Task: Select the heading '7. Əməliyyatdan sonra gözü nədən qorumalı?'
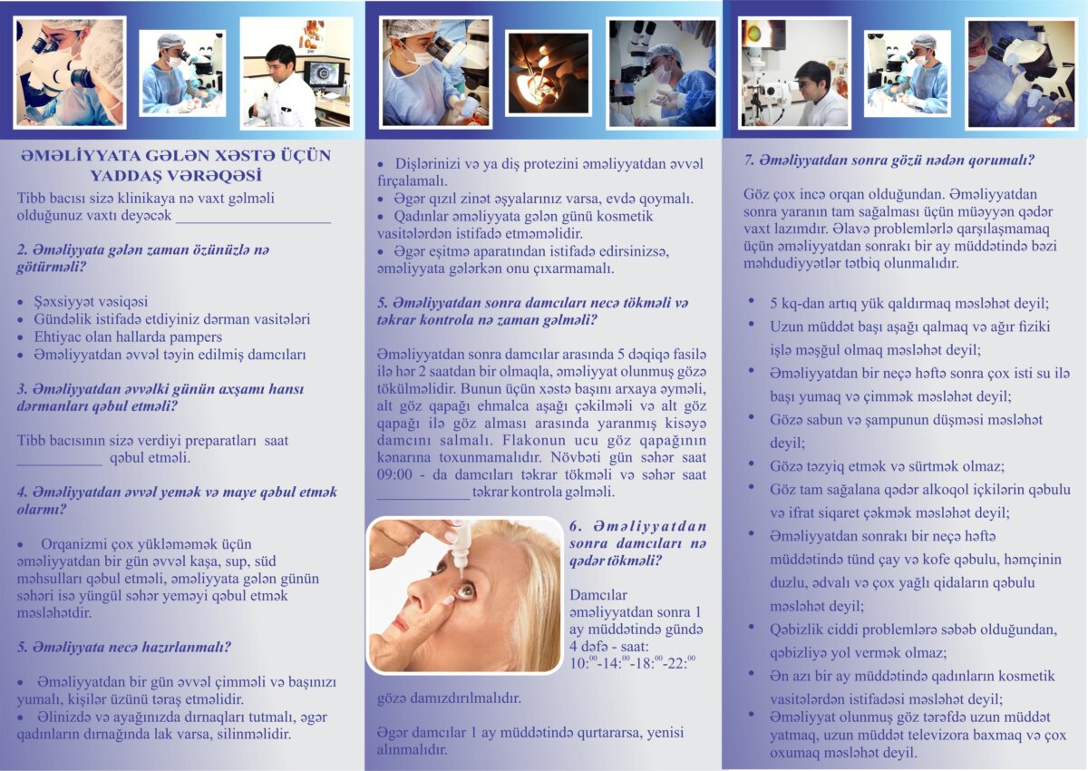[889, 161]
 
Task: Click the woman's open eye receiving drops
[466, 590]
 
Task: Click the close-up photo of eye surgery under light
[549, 73]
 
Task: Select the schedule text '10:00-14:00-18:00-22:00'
[633, 663]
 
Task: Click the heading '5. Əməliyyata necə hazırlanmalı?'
[124, 647]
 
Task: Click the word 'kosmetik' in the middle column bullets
[625, 216]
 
